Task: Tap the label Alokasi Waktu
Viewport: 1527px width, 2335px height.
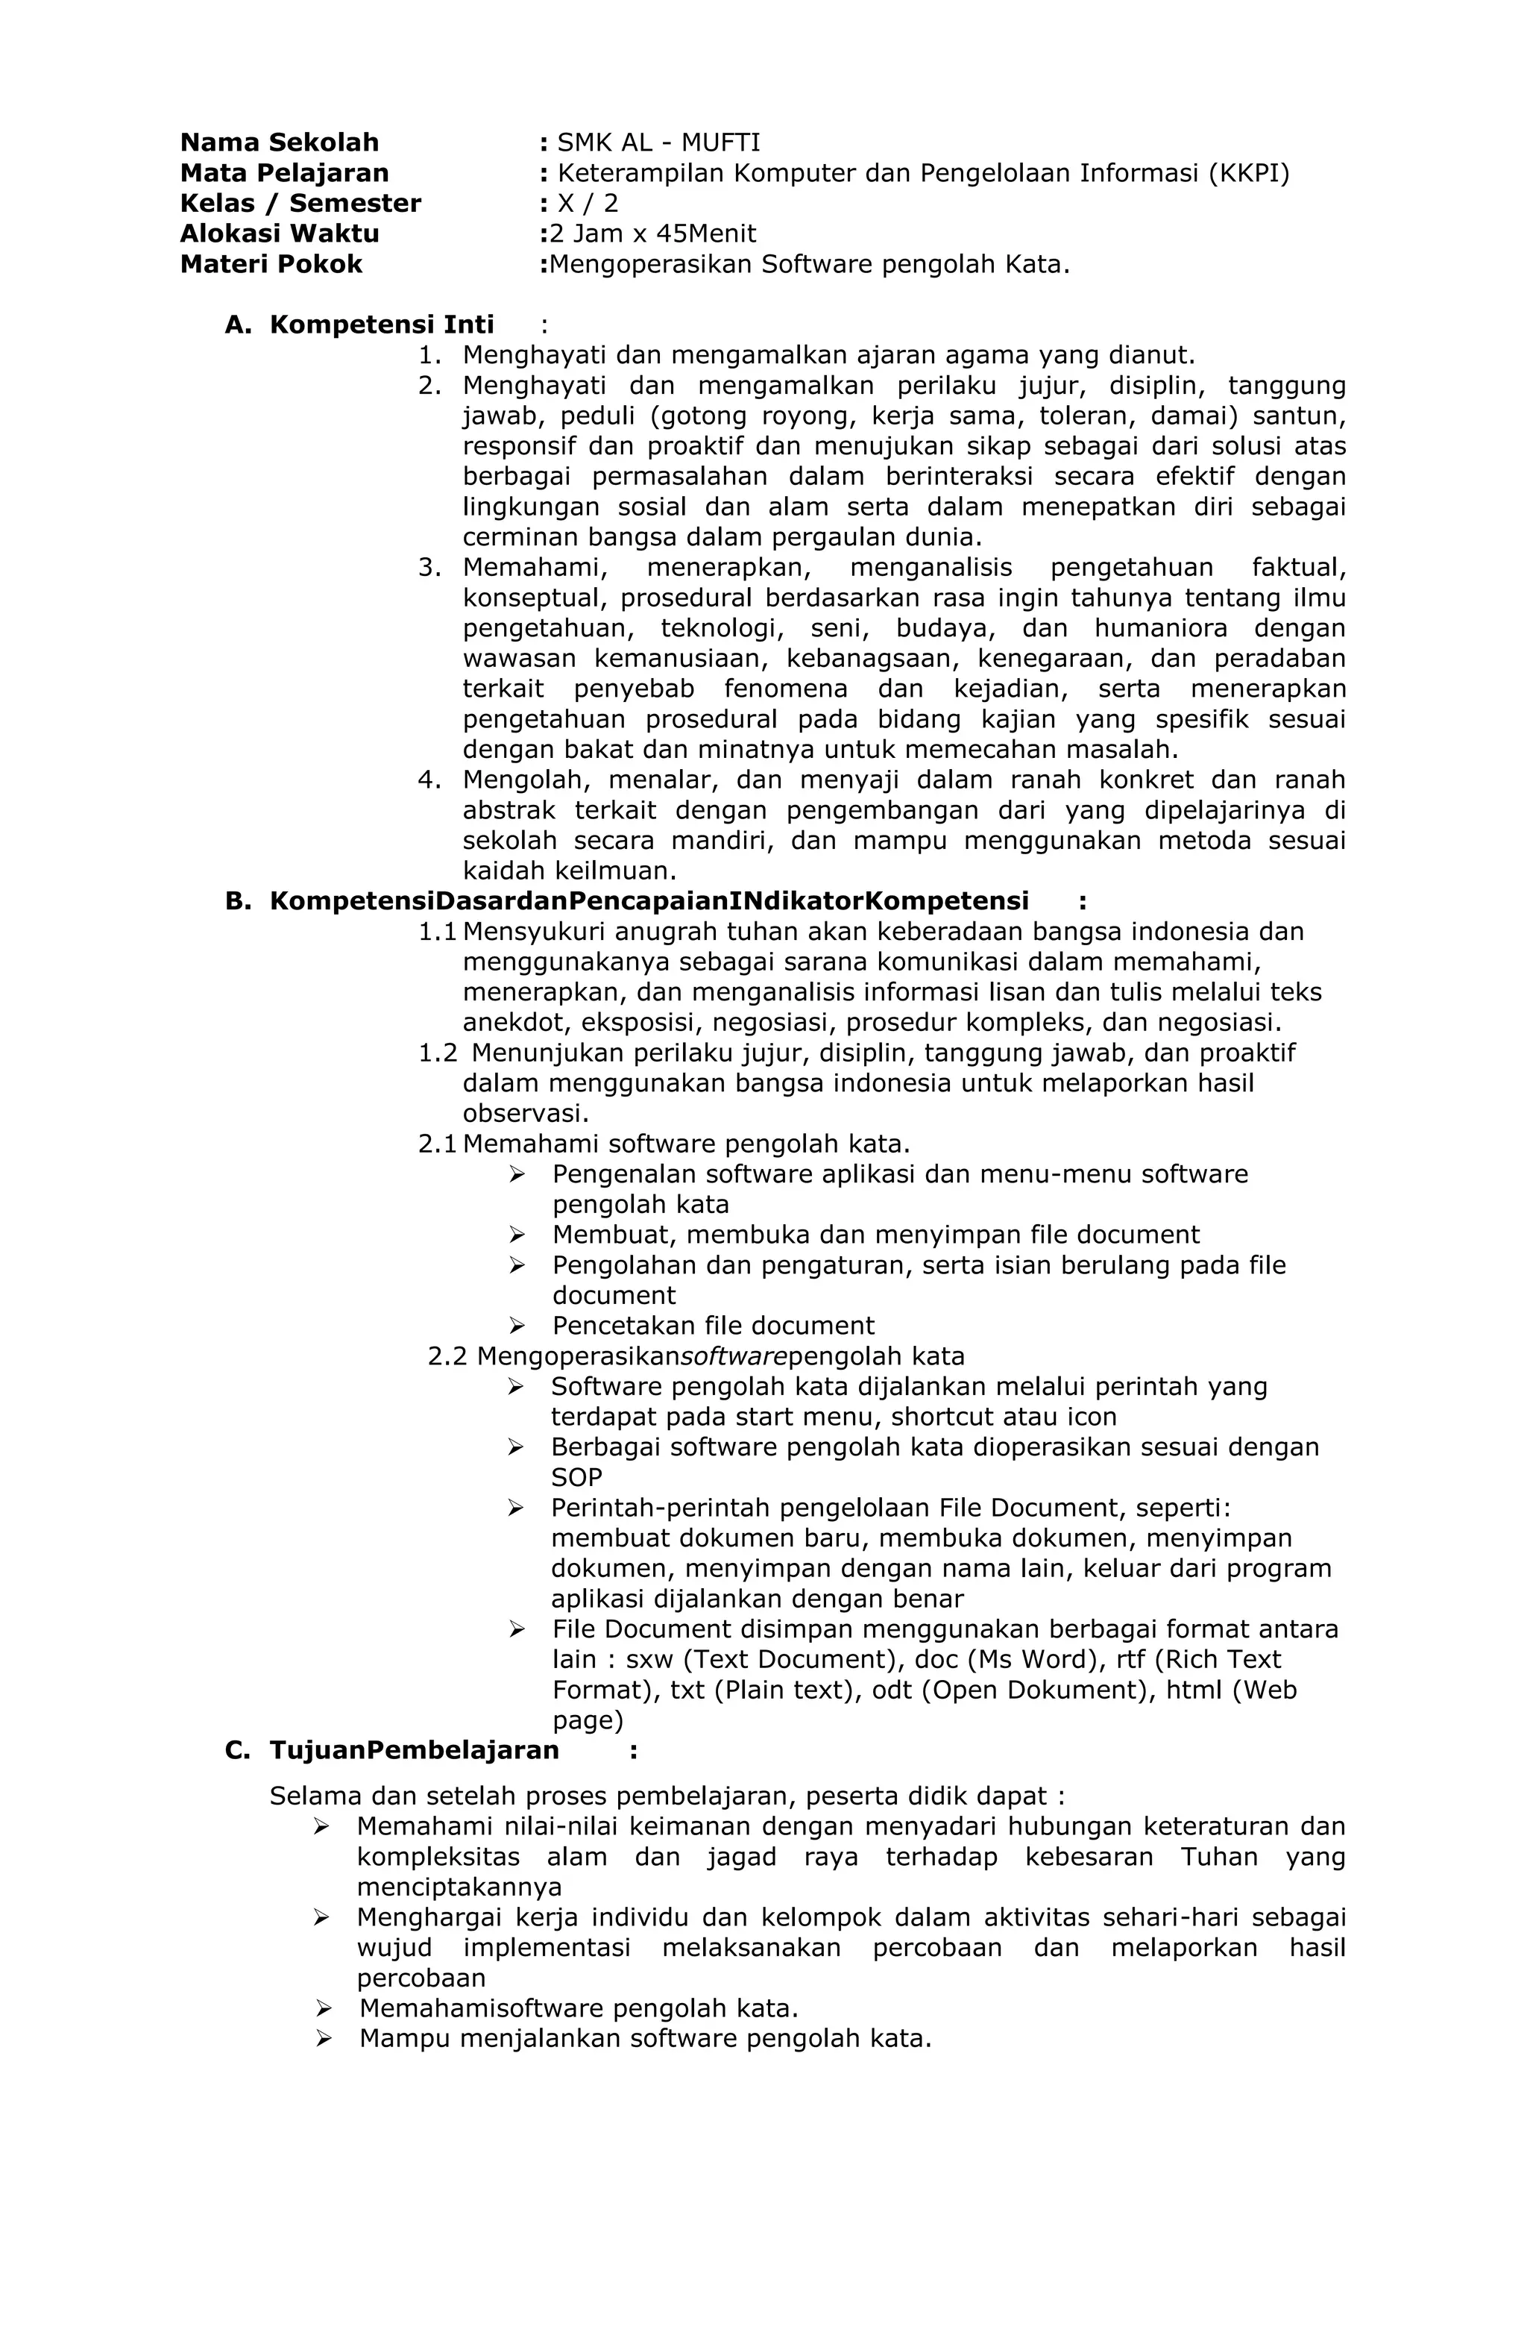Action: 280,233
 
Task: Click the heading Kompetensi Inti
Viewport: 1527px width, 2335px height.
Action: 382,325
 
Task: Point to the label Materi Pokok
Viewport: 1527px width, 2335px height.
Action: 271,264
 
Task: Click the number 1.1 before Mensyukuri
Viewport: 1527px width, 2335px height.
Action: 438,931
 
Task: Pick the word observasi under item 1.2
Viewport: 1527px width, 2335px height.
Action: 525,1114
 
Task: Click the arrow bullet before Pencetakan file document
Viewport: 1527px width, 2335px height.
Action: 517,1326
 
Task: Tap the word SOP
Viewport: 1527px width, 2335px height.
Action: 576,1478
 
